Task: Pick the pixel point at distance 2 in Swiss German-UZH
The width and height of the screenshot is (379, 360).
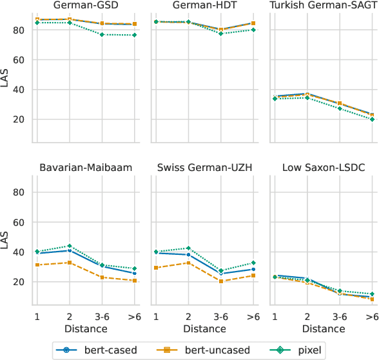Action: [x=188, y=248]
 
